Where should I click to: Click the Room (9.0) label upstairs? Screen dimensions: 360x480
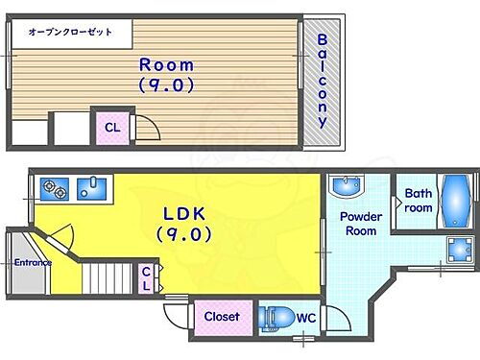pos(167,74)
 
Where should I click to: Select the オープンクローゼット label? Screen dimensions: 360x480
pos(70,32)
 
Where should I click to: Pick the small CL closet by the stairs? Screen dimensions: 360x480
pos(147,278)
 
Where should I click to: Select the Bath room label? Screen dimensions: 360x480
pos(418,200)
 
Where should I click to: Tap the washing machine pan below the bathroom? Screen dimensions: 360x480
pos(457,249)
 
